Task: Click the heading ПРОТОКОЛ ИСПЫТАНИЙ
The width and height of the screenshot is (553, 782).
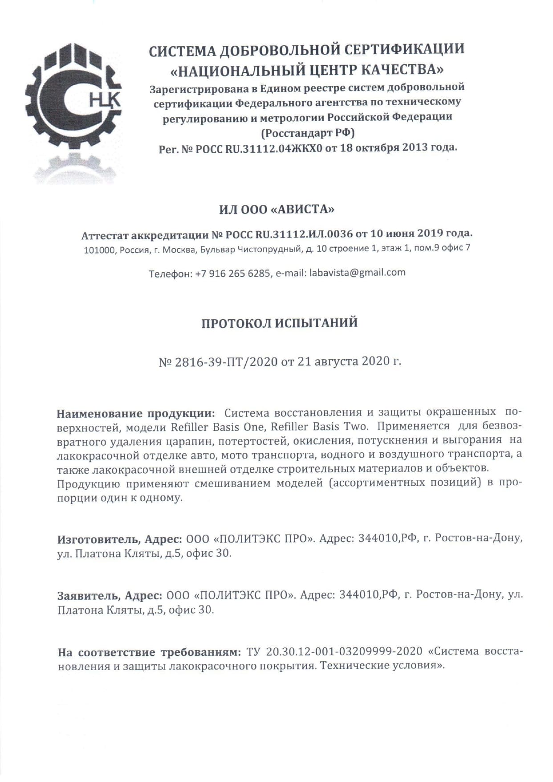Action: (279, 323)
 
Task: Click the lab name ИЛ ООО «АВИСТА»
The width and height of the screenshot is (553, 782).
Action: (276, 209)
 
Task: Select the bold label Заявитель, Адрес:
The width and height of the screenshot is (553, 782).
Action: (110, 595)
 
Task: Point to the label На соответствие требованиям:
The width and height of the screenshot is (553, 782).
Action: (150, 652)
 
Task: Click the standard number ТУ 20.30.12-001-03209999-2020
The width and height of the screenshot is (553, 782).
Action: (334, 651)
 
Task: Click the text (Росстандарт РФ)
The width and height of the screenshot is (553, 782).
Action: (308, 133)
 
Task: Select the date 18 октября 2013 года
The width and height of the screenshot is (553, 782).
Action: (398, 147)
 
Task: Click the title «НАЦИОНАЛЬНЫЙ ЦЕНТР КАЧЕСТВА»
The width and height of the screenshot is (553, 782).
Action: (308, 70)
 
